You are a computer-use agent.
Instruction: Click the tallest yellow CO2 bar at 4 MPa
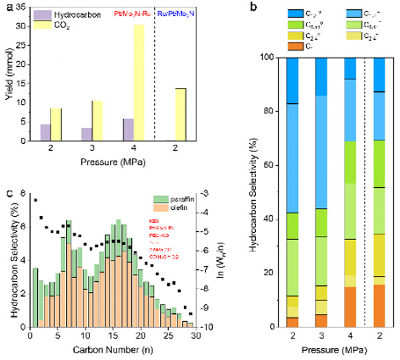tap(138, 83)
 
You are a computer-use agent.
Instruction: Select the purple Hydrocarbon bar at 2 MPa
tap(45, 132)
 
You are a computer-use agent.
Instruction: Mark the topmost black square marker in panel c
tap(35, 199)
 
